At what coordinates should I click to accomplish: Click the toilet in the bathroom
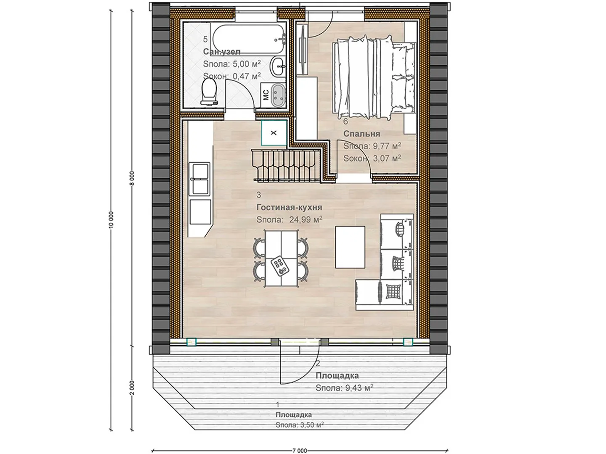click(209, 92)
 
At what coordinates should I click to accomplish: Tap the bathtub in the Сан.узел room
click(247, 39)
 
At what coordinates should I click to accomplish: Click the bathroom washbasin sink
click(279, 66)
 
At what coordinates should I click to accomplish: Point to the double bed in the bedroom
click(375, 77)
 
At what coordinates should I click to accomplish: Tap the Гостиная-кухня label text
click(289, 207)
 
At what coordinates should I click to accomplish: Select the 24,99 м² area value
click(306, 219)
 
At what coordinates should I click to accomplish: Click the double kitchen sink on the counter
click(199, 179)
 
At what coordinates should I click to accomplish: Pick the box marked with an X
click(274, 133)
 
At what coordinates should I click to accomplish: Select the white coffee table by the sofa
click(350, 247)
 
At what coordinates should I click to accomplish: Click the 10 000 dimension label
click(111, 220)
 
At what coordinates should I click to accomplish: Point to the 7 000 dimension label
click(300, 451)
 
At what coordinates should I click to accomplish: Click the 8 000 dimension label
click(132, 179)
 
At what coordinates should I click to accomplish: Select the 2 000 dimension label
click(132, 388)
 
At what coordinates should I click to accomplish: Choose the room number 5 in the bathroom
click(205, 39)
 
